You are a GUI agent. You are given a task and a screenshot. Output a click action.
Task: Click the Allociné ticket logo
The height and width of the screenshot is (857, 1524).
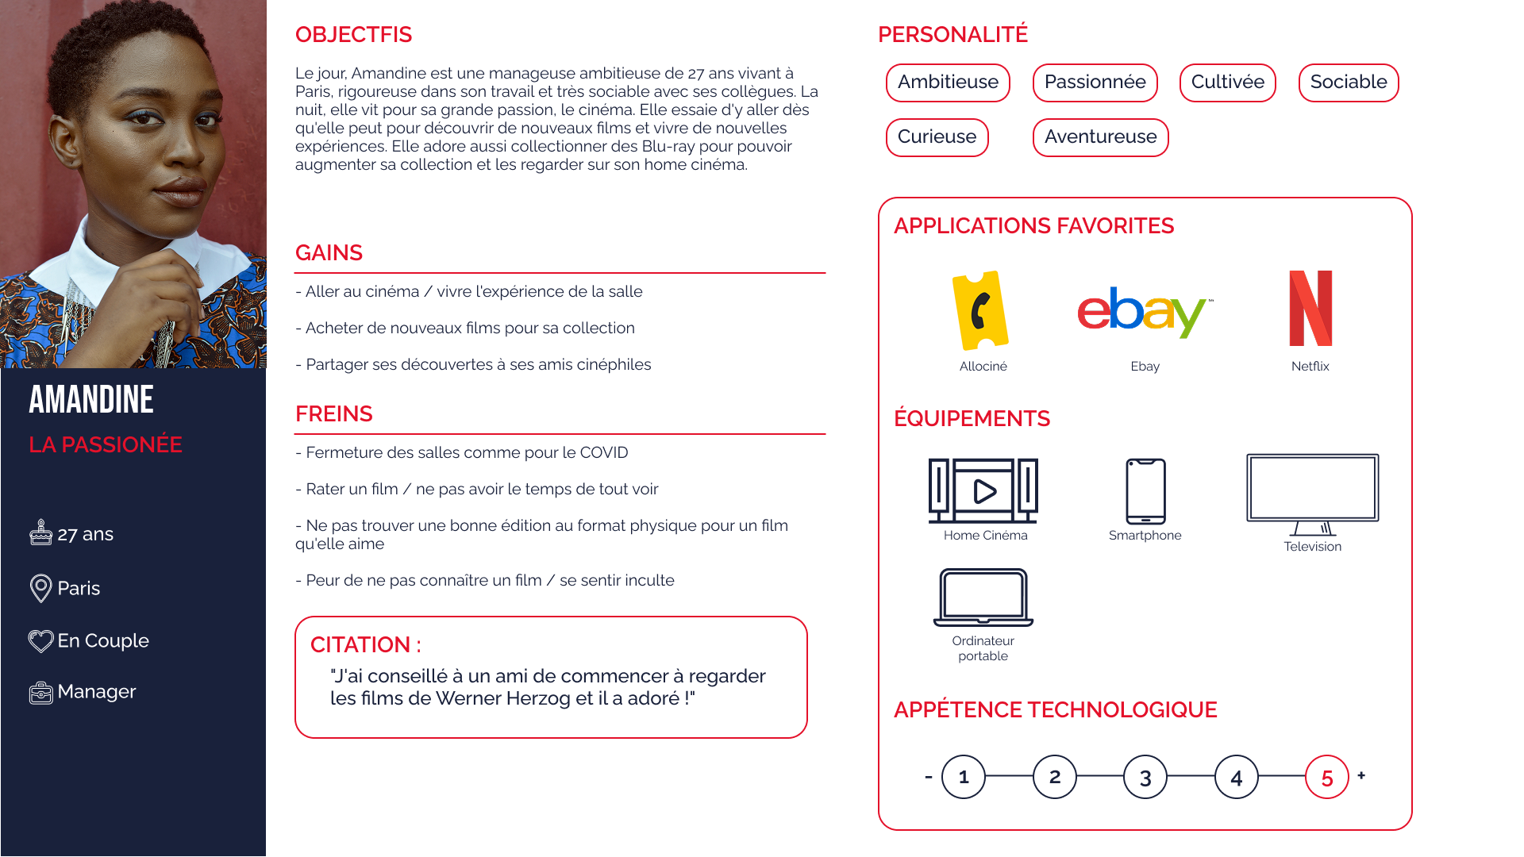981,310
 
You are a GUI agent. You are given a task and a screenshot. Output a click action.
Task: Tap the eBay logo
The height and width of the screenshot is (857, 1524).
1144,312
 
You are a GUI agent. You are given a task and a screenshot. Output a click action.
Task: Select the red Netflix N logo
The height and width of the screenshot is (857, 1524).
1310,309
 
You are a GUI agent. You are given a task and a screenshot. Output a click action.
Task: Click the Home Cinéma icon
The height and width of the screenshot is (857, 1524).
983,490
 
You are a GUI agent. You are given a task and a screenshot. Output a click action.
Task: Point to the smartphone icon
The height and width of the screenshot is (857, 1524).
1145,491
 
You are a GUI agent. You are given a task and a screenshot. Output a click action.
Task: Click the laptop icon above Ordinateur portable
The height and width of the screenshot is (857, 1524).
983,597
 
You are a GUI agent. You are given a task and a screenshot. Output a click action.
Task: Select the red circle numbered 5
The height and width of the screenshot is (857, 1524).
1326,778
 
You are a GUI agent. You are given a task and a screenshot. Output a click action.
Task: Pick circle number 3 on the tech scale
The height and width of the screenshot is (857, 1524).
1145,778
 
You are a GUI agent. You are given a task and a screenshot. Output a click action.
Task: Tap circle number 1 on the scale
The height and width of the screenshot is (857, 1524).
964,777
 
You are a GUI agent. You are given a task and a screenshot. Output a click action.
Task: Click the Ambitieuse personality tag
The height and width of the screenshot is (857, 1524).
948,83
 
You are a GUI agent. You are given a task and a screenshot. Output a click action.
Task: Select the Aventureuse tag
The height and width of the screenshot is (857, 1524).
1100,137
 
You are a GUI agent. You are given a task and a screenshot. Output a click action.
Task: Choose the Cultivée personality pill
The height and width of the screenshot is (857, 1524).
1227,83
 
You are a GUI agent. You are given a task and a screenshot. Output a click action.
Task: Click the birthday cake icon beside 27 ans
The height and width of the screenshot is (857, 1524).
40,532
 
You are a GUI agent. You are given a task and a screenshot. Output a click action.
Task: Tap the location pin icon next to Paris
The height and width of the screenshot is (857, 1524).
40,588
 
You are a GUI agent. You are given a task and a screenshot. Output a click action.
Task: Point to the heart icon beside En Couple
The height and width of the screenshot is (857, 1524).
40,640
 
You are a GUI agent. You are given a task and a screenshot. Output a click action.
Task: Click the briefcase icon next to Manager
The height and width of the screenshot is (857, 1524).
40,693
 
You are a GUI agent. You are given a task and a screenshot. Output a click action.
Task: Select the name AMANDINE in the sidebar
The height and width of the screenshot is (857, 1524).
91,399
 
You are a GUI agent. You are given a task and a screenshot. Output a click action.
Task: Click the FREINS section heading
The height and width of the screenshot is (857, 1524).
333,413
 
